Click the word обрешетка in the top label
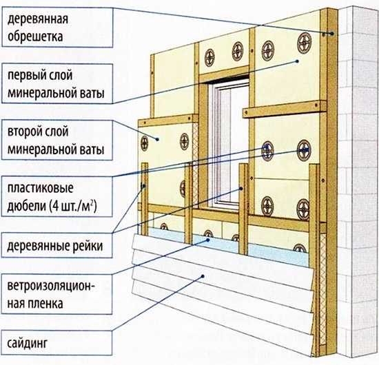coord(35,36)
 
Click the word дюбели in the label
coord(26,207)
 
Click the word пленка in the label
coord(45,304)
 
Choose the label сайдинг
coord(28,344)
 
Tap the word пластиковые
coord(41,188)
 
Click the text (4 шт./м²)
coord(73,207)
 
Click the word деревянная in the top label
coord(38,19)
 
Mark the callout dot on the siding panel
coord(203,276)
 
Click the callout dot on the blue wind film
coord(207,240)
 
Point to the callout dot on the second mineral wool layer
coord(157,139)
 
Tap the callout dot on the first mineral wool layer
coord(298,61)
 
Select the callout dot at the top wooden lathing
coord(332,34)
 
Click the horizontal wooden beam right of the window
coord(285,109)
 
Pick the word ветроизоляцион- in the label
coord(51,286)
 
